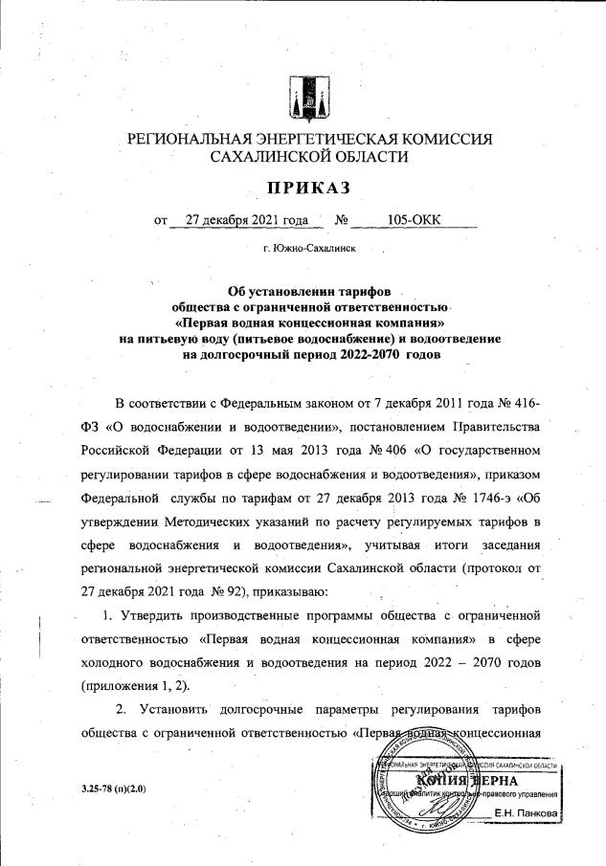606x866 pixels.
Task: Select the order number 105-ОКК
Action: [414, 221]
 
